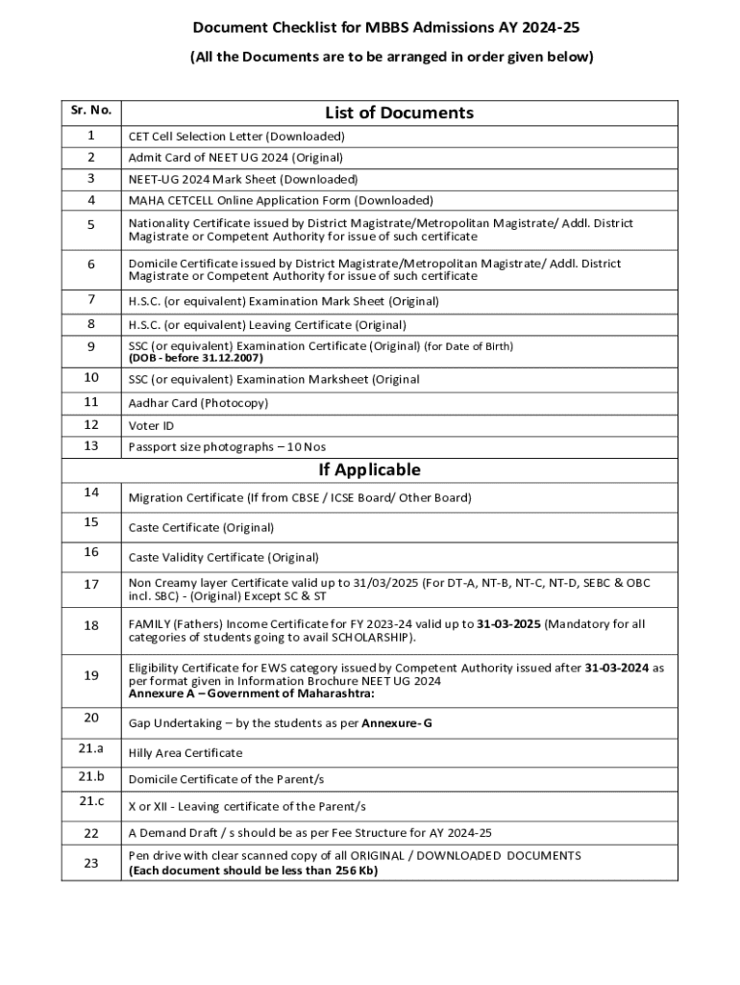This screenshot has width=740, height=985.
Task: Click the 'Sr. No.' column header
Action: (x=90, y=111)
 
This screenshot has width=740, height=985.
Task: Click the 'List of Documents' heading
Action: (x=399, y=113)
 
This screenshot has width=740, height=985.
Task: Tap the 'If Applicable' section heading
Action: (x=370, y=469)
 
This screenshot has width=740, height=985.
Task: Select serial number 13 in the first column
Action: (x=91, y=445)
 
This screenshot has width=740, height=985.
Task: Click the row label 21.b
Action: (x=91, y=776)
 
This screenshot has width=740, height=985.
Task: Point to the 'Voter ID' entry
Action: (x=152, y=425)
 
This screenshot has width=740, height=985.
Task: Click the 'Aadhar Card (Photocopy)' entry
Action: (x=199, y=402)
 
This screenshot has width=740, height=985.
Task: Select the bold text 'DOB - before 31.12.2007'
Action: (x=196, y=358)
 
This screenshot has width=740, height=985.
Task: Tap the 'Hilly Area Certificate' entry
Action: (x=185, y=752)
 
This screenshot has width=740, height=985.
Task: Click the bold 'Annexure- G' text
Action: (x=396, y=722)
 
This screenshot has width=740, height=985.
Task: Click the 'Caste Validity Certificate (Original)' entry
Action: (x=224, y=557)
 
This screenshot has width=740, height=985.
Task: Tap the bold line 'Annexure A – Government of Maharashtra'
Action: (x=252, y=694)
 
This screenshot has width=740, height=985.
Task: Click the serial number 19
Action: (x=91, y=675)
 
